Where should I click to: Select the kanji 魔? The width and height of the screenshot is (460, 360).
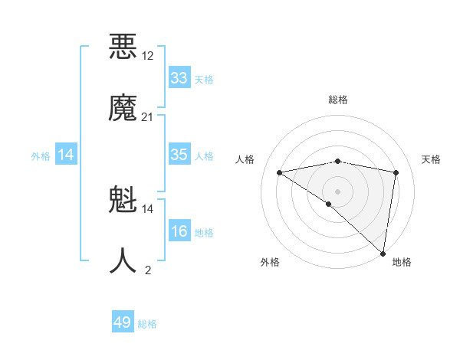coord(123,109)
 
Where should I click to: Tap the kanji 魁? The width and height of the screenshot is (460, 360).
coord(123,201)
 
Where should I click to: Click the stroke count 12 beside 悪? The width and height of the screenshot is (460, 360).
coord(148,55)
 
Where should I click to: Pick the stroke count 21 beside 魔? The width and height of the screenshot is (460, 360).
coord(148,116)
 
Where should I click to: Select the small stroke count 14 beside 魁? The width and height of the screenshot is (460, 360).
coord(148,208)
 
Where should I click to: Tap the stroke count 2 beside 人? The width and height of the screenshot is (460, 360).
coord(148,270)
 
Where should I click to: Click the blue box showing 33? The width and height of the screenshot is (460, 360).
coord(179,78)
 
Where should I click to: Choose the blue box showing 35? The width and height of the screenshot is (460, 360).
coord(179,155)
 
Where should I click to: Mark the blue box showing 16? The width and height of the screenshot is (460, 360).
coord(179,231)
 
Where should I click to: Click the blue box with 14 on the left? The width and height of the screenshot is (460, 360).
coord(65,155)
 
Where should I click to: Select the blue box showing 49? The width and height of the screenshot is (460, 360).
coord(123,322)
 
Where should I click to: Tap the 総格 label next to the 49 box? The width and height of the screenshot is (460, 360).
coord(147,325)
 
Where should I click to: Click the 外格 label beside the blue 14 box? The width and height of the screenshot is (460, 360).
coord(41,156)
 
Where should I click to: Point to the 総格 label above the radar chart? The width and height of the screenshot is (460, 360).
coord(338,100)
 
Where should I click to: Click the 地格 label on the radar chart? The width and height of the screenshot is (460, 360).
coord(402,262)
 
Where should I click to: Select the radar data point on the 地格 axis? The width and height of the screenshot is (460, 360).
coord(384,253)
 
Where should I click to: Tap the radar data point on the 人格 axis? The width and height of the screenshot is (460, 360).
coord(280,172)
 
